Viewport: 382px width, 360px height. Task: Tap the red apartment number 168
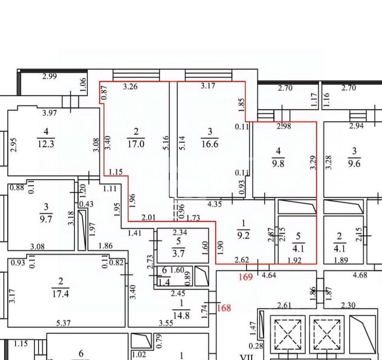coord(224,308)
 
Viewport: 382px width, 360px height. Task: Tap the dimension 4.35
coord(215,204)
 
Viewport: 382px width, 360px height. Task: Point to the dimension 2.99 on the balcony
coord(50,76)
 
